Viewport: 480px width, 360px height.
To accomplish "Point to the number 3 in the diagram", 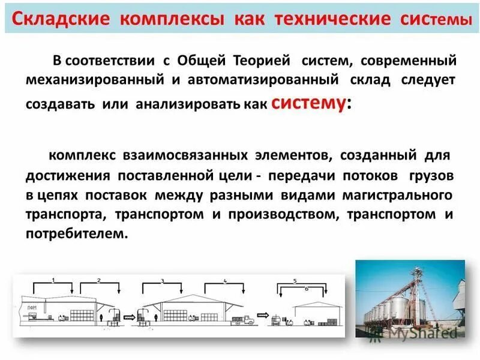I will coord(162,281).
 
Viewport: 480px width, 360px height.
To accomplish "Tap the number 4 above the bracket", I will coord(225,281).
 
